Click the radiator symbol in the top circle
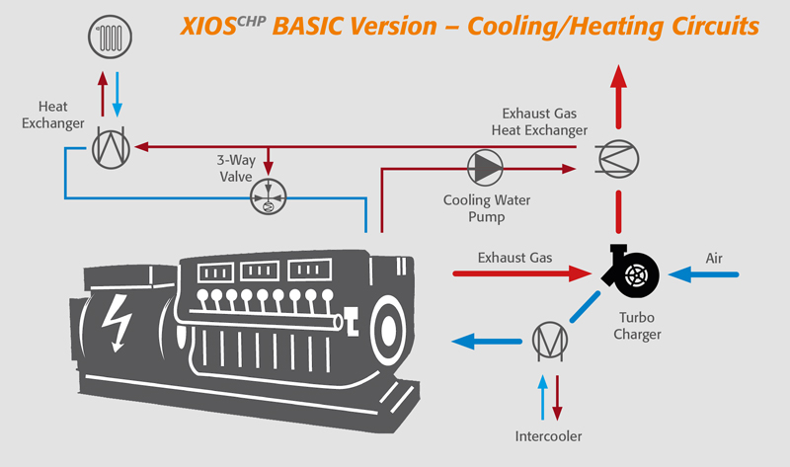click(110, 37)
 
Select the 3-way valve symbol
click(268, 196)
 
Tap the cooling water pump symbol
click(485, 168)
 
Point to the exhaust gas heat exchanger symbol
click(618, 159)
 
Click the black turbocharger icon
click(631, 272)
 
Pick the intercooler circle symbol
click(550, 341)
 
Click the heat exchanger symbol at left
click(111, 149)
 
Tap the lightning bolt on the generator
click(118, 323)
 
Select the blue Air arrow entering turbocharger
click(703, 274)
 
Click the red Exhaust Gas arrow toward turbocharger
click(522, 273)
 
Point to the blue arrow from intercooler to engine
click(487, 342)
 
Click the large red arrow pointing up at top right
click(618, 97)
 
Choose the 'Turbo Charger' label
click(637, 326)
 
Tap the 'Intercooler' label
click(548, 436)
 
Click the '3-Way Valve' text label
click(236, 168)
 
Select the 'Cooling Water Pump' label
click(487, 208)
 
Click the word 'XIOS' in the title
click(208, 27)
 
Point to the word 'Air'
click(714, 258)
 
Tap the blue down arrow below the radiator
click(118, 94)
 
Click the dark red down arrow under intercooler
click(557, 398)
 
